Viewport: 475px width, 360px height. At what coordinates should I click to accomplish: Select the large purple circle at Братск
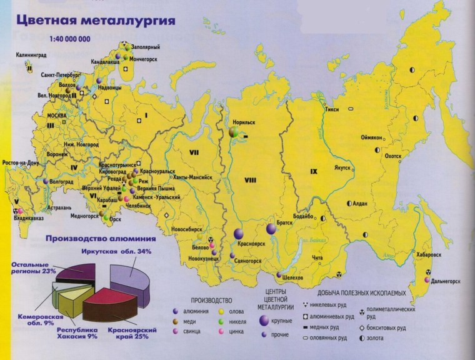click(x=271, y=229)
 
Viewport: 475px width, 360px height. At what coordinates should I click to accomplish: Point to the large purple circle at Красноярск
click(x=238, y=234)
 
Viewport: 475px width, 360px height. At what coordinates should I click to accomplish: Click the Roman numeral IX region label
click(x=314, y=170)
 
